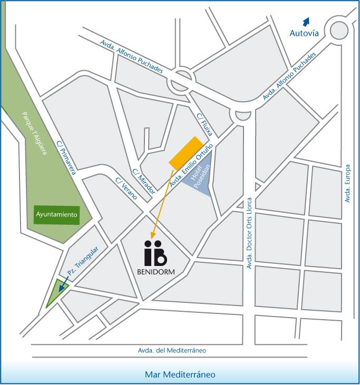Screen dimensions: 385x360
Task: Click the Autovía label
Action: (305, 33)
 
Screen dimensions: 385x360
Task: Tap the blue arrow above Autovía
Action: (305, 21)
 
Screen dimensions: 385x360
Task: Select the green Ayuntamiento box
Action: (57, 214)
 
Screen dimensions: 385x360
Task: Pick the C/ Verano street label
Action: (127, 189)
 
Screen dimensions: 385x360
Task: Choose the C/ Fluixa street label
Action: (203, 124)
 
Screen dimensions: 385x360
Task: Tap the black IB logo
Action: (155, 254)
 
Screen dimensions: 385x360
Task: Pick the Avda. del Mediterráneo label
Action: (172, 351)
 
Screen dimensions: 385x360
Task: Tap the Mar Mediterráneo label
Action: (180, 375)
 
